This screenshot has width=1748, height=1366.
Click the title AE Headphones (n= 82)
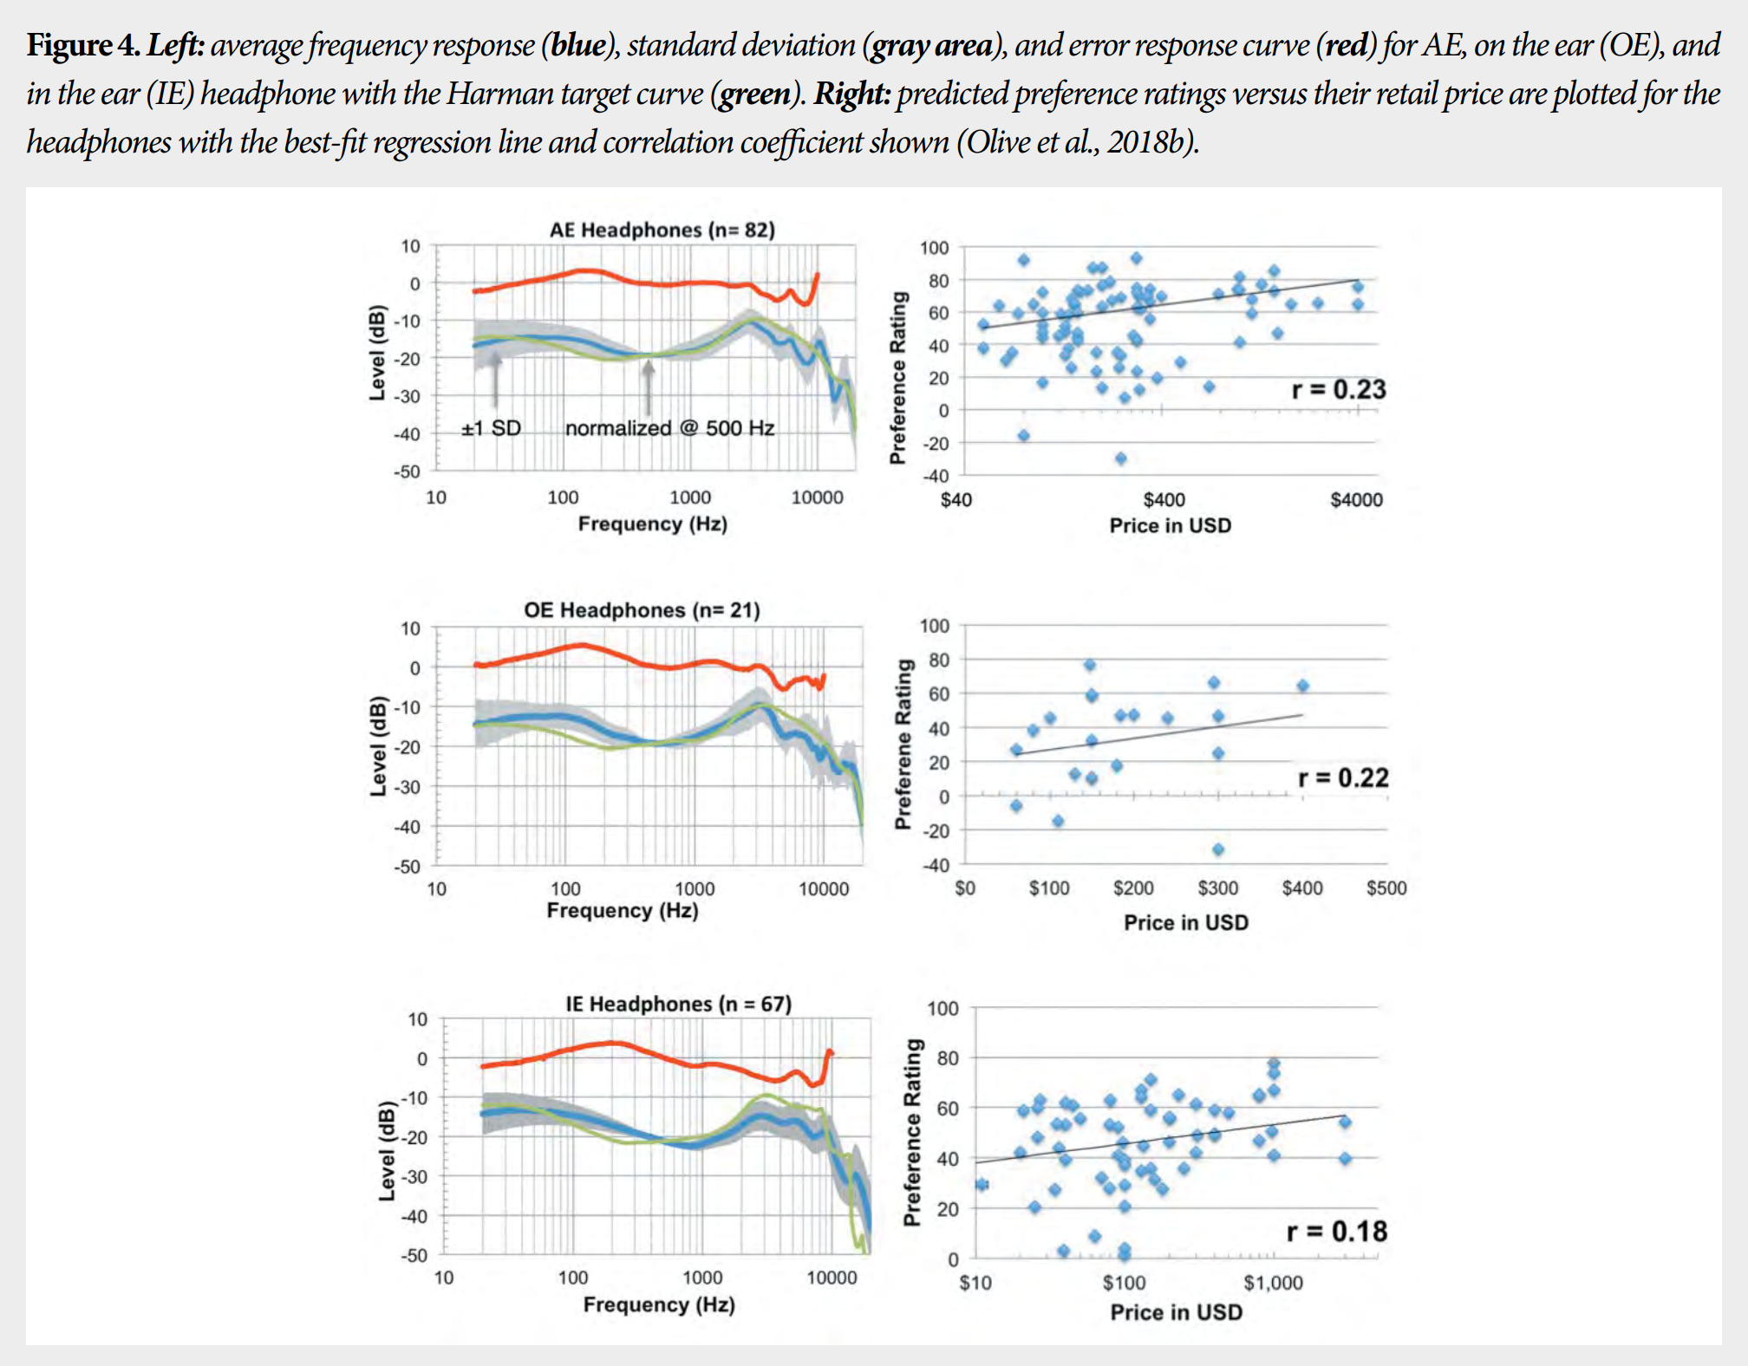[x=662, y=230]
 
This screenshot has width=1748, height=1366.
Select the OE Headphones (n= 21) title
[x=642, y=610]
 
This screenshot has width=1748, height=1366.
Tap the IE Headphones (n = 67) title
[x=678, y=1004]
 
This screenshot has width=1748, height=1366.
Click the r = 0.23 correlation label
[x=1338, y=390]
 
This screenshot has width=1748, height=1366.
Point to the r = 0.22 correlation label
[x=1342, y=777]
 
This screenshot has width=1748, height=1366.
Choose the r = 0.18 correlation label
[x=1336, y=1231]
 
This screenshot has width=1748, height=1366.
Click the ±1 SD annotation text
[x=491, y=428]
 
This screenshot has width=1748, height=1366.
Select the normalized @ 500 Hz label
[x=669, y=428]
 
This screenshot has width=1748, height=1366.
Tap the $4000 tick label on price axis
[x=1356, y=500]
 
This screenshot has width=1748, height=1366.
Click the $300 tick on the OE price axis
[x=1217, y=888]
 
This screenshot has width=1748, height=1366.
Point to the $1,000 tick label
[x=1273, y=1283]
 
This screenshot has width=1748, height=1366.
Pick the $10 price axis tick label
[x=975, y=1283]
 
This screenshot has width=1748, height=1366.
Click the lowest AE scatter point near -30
[x=1121, y=459]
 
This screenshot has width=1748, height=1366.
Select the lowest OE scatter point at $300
[x=1218, y=849]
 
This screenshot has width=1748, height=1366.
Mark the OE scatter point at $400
[x=1302, y=686]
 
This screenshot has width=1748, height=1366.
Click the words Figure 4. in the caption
[x=82, y=45]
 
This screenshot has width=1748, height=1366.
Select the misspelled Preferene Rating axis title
[x=903, y=744]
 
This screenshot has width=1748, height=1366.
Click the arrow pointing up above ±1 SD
[x=496, y=377]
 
